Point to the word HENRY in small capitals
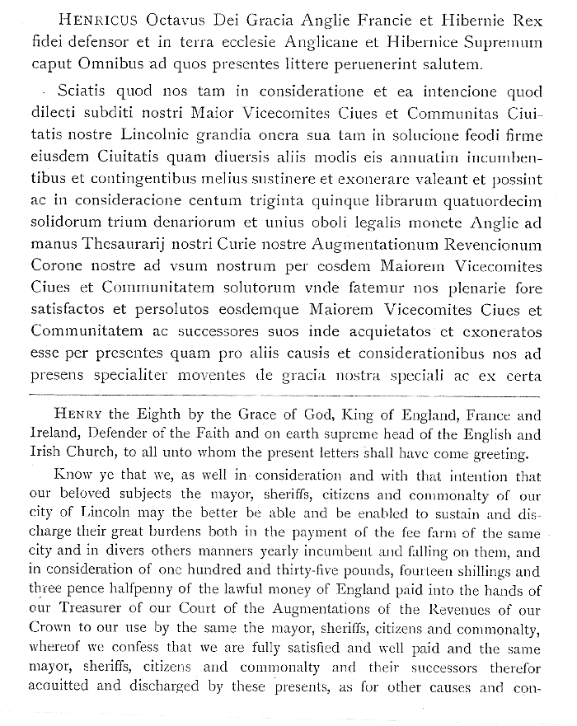77,415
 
